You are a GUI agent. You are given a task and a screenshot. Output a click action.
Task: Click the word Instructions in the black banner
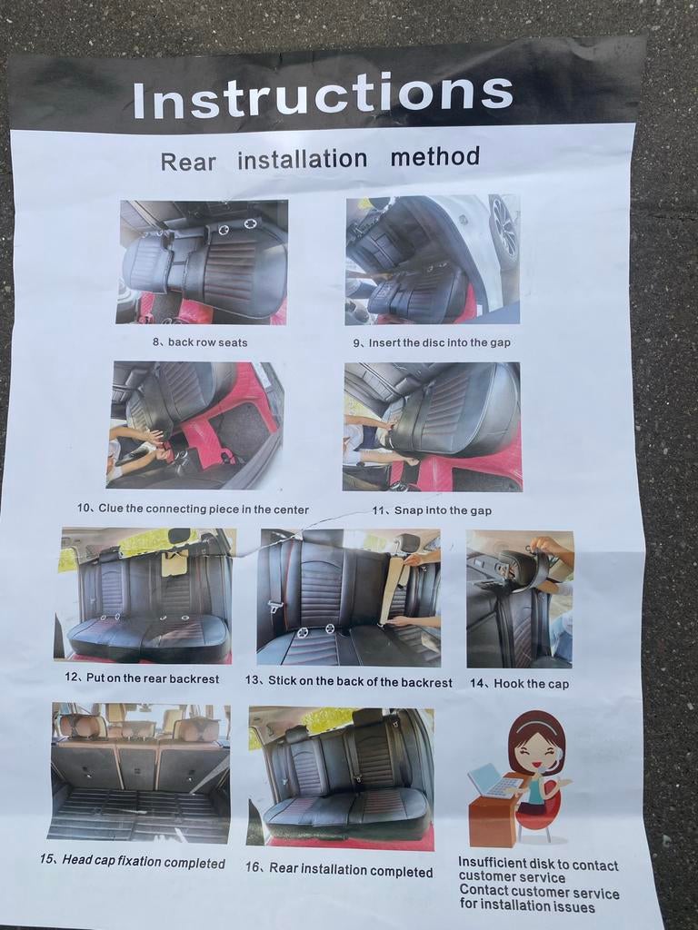point(323,94)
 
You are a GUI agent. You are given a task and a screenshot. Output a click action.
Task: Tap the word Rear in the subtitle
point(189,162)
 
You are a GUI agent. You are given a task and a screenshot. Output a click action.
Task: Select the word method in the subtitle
point(435,156)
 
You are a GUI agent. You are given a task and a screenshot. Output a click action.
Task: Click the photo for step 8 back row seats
point(202,262)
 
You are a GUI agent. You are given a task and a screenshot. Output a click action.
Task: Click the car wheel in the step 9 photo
point(504,227)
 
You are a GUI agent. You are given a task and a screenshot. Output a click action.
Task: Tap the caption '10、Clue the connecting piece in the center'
point(193,509)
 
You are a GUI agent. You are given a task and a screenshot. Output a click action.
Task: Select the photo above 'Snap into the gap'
point(432,427)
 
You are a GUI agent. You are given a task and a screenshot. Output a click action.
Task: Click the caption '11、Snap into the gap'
point(432,510)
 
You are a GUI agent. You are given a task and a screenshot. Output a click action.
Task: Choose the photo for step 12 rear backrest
point(143,596)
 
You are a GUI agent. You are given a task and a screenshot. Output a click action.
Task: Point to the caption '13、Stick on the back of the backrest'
point(348,681)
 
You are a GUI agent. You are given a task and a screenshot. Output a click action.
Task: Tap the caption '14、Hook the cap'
point(519,683)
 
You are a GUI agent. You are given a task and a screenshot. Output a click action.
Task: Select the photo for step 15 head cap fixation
point(141,772)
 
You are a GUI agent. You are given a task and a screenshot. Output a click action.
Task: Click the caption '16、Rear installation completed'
point(339,869)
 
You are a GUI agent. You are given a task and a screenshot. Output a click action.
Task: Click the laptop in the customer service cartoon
point(493,781)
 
